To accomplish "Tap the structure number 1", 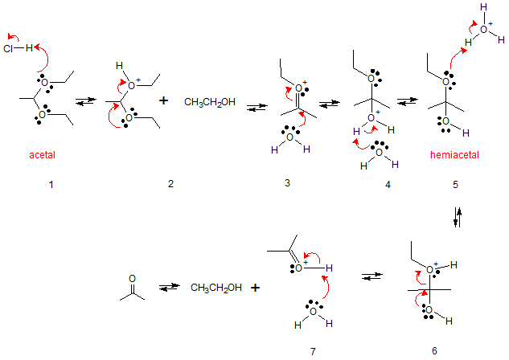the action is point(50,185).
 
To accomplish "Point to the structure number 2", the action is point(170,185).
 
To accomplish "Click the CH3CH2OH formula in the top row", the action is point(210,103).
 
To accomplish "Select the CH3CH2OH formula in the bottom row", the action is point(217,286).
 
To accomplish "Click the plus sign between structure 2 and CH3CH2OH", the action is point(165,101).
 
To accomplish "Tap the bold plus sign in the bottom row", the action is point(257,286).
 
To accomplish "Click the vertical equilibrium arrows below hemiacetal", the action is point(458,217).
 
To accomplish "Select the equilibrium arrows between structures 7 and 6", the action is point(371,276).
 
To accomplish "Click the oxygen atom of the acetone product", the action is point(132,278).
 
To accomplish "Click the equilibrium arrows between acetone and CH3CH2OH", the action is point(168,287).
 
